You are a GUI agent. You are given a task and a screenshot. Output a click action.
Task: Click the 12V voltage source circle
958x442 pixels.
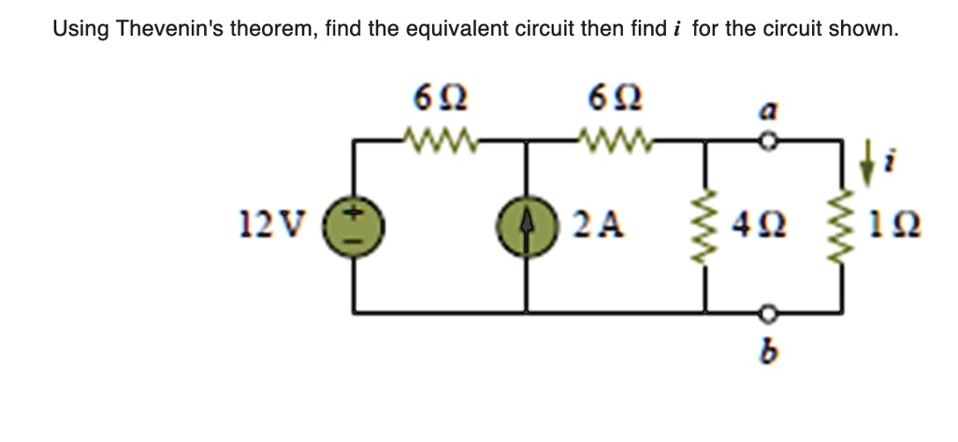[353, 226]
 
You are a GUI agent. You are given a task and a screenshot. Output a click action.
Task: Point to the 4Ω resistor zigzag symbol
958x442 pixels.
[704, 226]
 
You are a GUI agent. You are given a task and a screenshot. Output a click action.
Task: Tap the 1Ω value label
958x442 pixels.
[891, 226]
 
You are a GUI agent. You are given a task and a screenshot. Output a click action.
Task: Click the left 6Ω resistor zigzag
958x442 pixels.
[440, 142]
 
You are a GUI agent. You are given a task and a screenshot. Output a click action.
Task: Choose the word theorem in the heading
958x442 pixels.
[273, 28]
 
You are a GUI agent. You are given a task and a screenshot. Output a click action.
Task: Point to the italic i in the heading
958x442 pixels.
[676, 28]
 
